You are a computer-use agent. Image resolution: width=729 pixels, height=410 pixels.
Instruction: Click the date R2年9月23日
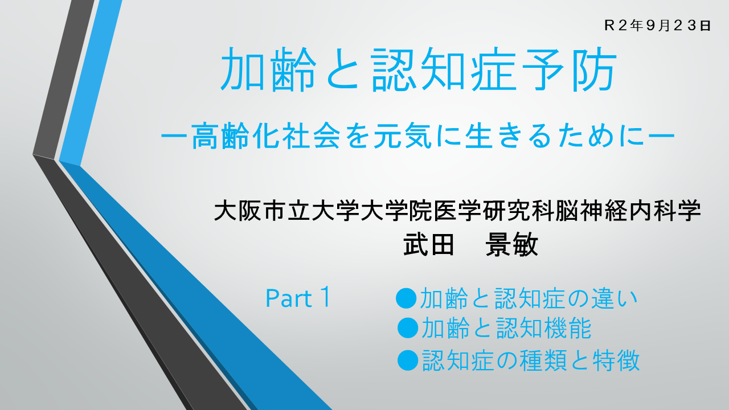click(x=657, y=26)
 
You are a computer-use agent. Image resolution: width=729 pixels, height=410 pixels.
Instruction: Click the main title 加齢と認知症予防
click(x=419, y=69)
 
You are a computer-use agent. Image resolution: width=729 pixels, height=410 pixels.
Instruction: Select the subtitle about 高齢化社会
click(x=418, y=136)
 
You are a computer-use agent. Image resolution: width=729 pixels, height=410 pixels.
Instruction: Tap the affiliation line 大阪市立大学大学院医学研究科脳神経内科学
click(x=457, y=210)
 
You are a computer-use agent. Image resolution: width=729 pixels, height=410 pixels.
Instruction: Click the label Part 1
click(x=298, y=297)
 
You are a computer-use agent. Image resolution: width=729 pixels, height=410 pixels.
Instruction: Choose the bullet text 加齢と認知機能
click(x=506, y=328)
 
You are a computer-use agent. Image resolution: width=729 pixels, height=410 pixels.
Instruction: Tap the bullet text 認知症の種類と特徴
click(x=531, y=360)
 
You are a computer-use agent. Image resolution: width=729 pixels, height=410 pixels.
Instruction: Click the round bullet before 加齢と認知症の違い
click(x=406, y=298)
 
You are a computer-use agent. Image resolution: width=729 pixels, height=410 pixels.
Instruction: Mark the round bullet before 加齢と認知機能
click(x=408, y=328)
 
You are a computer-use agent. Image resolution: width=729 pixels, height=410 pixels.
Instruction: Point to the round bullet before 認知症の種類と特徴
click(x=408, y=360)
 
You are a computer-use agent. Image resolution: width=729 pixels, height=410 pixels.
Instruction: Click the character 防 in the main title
click(x=595, y=69)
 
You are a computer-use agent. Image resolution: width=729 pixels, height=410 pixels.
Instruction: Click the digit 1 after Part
click(x=325, y=297)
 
